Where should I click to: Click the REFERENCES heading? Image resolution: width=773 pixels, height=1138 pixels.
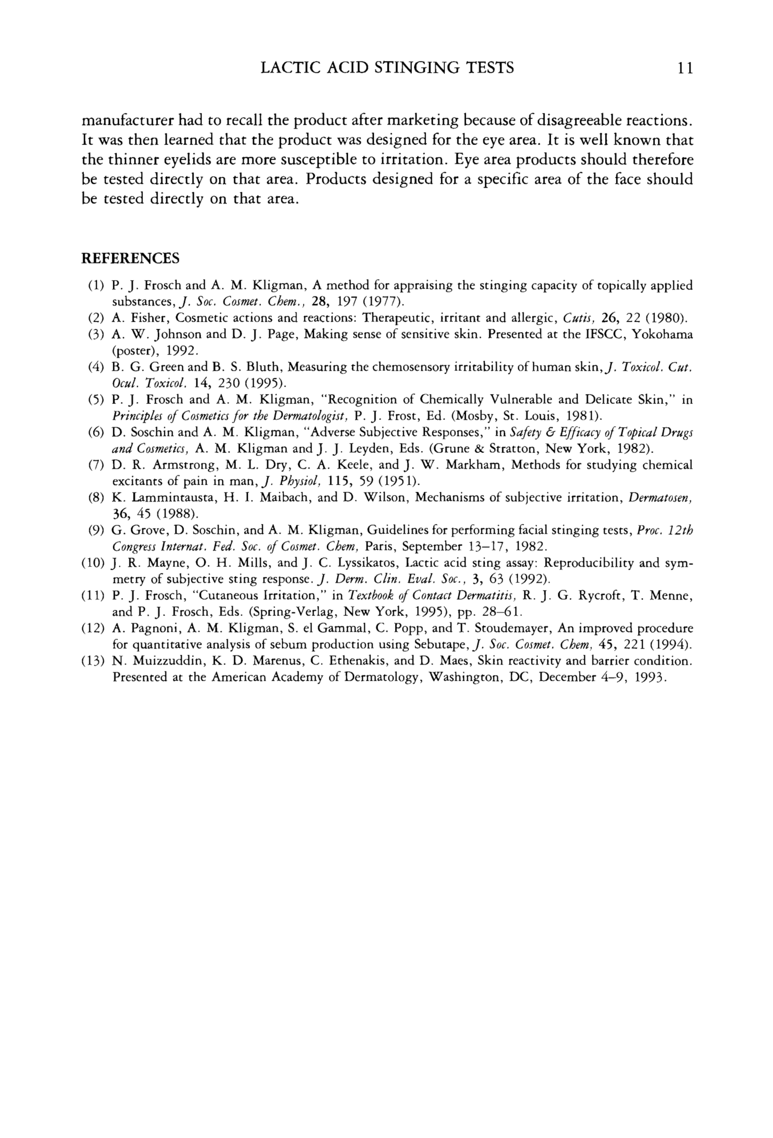coord(130,258)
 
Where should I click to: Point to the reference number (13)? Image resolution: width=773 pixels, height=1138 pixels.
coord(93,661)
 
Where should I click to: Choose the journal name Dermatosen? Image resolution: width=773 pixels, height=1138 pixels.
coord(660,498)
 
